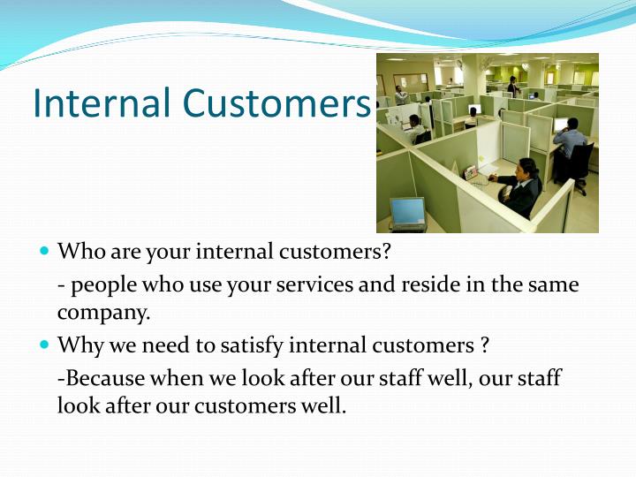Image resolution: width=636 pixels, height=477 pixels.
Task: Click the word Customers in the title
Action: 276,103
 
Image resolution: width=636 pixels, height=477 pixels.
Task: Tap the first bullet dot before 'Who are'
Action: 45,251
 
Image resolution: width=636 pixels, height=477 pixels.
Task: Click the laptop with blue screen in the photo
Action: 407,211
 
